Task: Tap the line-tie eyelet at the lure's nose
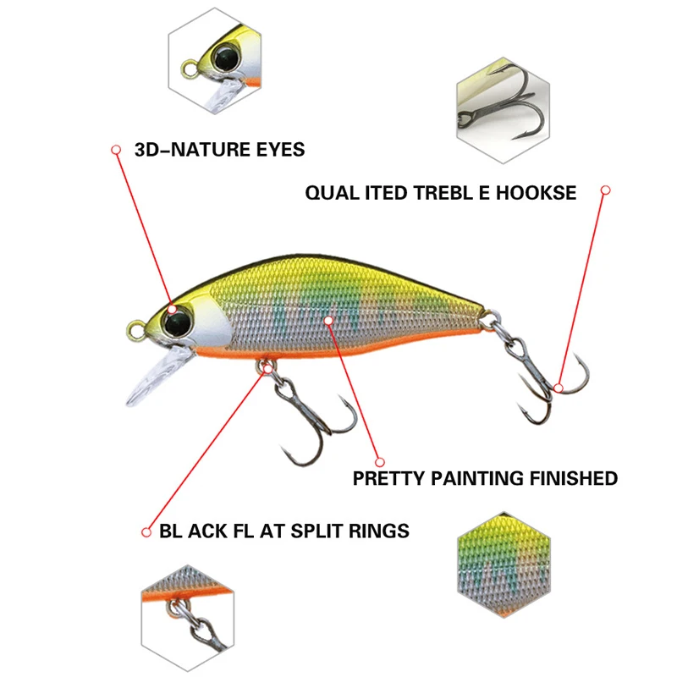click(135, 325)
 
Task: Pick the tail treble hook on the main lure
click(542, 381)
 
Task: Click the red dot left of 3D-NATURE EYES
click(115, 150)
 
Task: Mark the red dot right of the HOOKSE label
click(605, 192)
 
